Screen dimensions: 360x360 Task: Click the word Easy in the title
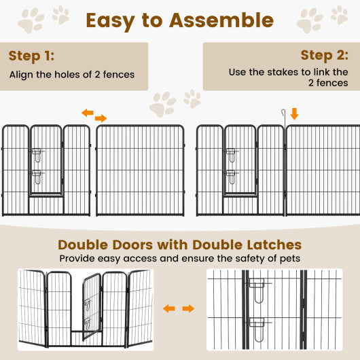[x=116, y=20]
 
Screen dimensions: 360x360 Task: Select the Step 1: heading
[x=32, y=56]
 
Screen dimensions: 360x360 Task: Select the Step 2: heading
[x=325, y=56]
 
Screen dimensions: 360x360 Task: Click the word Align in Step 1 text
[x=21, y=74]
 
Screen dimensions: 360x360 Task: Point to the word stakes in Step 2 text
[x=281, y=72]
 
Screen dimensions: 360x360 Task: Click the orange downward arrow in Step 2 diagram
[x=294, y=113]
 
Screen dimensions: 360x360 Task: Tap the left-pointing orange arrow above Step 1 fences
[x=88, y=113]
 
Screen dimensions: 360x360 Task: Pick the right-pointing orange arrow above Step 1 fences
[x=101, y=118]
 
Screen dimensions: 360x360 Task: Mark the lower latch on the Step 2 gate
[x=232, y=177]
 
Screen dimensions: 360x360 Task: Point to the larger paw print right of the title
[x=310, y=20]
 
